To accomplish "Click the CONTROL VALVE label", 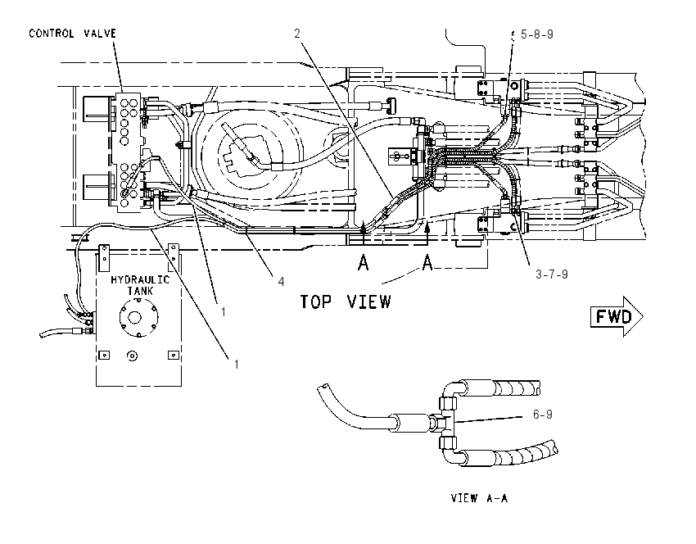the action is (72, 34).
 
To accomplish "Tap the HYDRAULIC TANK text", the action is (140, 285).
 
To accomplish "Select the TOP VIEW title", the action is (346, 301).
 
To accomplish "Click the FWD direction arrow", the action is (616, 316).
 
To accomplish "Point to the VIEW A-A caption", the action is (479, 498).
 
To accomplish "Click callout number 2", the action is (297, 34).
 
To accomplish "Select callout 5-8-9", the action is (536, 34).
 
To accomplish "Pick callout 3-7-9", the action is (552, 274).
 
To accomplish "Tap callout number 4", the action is (281, 282).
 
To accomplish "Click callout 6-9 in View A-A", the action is (542, 415).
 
